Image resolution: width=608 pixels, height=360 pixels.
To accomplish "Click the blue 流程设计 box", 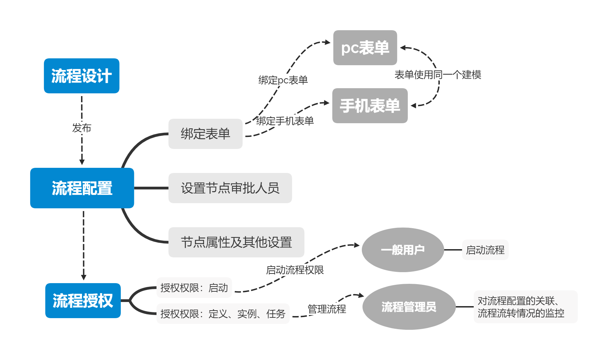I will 81,76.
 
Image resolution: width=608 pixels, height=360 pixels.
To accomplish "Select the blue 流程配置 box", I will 82,188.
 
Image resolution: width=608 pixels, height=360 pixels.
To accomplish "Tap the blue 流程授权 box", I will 83,301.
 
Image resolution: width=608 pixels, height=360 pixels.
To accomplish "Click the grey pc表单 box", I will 365,48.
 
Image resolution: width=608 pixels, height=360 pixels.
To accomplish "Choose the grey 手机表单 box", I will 370,106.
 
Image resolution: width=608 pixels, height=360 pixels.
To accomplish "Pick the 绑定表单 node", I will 205,134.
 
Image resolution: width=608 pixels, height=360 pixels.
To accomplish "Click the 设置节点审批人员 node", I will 230,188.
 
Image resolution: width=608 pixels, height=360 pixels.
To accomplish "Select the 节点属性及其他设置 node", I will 236,242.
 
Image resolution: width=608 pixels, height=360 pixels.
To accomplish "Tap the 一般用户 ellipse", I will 403,250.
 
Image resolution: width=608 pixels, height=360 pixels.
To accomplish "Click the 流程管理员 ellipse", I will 409,307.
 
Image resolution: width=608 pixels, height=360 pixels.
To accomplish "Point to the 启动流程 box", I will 485,250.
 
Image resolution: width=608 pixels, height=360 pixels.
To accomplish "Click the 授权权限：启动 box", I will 194,288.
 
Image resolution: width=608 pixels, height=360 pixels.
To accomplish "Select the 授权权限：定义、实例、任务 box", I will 223,314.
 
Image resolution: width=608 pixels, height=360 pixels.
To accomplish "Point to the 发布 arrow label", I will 82,128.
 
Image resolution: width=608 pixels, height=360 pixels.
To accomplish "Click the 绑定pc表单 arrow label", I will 283,80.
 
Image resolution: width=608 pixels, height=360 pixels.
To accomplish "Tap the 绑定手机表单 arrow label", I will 285,121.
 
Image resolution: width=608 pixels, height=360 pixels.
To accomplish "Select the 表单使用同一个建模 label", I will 438,74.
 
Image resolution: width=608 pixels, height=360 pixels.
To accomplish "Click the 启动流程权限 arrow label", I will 295,270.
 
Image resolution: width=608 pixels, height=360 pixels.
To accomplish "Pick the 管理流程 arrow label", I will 327,309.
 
